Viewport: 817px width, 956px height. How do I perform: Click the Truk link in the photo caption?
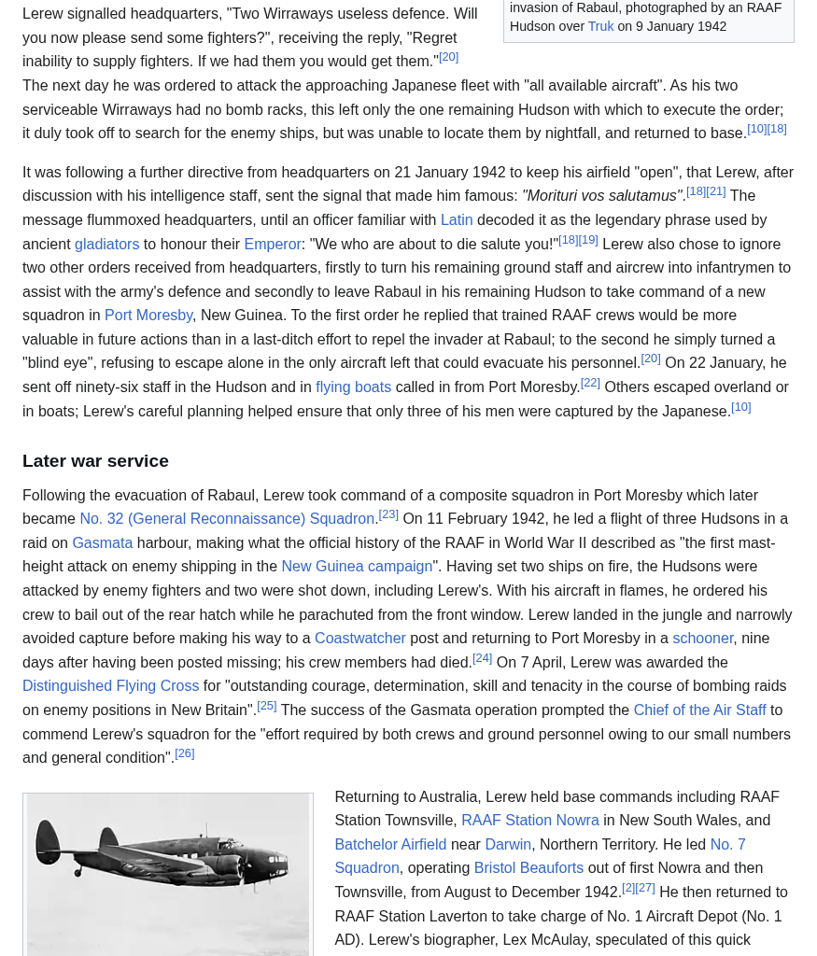point(600,26)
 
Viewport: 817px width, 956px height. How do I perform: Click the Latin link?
point(456,219)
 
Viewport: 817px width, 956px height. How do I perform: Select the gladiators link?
point(106,244)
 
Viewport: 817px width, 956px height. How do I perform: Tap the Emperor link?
point(273,244)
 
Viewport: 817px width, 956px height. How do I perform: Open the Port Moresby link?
point(148,315)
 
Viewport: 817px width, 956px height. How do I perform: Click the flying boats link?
point(353,387)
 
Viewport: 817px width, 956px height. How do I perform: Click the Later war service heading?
point(95,460)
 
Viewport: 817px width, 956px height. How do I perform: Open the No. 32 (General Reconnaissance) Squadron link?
point(227,518)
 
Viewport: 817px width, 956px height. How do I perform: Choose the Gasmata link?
point(102,542)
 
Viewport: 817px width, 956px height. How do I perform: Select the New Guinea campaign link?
point(357,566)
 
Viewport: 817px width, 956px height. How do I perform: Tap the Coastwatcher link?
point(359,638)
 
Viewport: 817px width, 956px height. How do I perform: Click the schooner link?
point(702,638)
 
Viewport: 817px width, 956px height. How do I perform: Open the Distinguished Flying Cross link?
point(110,685)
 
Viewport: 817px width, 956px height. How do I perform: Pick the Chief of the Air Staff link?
point(699,710)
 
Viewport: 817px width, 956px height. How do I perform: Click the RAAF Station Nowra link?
point(529,820)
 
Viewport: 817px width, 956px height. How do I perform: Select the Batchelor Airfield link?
point(390,844)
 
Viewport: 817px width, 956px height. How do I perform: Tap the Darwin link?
point(507,844)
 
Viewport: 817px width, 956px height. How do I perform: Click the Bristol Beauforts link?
point(528,867)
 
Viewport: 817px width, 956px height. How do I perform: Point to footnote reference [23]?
point(388,514)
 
